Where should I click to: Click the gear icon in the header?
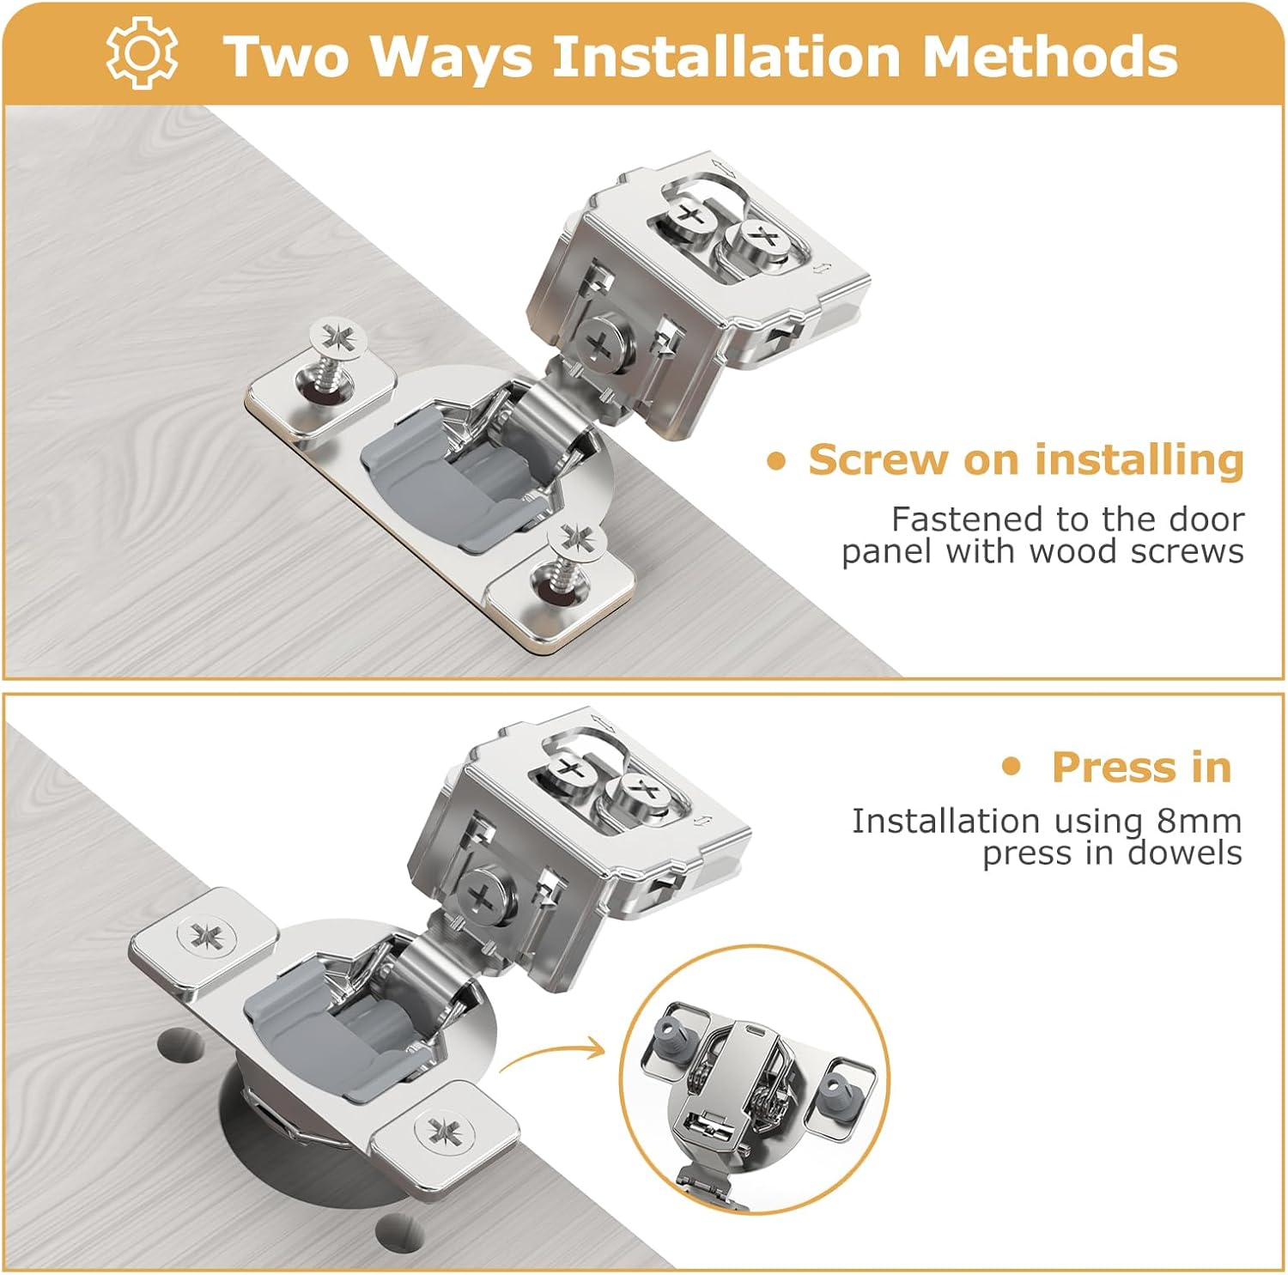[x=142, y=53]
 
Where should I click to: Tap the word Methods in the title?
[x=1049, y=57]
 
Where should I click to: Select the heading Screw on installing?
[x=1025, y=460]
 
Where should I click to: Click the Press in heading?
[x=1141, y=767]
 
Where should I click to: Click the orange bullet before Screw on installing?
[x=776, y=462]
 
